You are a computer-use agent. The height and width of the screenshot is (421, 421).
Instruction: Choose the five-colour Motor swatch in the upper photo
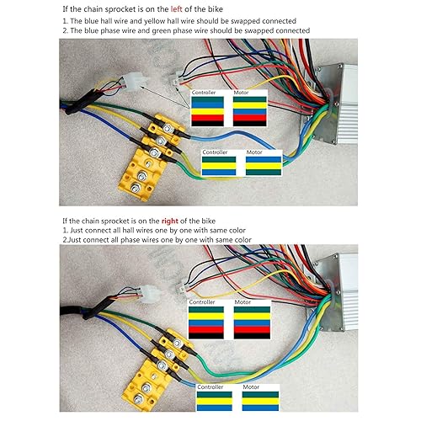(x=249, y=110)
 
